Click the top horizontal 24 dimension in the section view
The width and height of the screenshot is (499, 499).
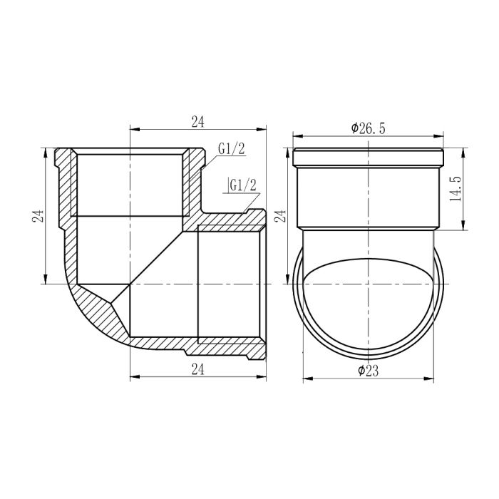coord(197,122)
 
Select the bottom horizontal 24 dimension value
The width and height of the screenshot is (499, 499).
coord(197,369)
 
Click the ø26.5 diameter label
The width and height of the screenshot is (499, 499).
coord(368,128)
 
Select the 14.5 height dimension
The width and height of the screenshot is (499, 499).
coord(457,190)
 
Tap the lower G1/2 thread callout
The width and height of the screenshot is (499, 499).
coord(242,186)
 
